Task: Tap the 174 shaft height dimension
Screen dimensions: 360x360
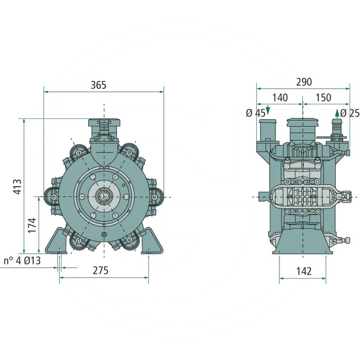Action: pyautogui.click(x=32, y=225)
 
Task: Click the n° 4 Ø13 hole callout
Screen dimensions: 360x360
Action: pyautogui.click(x=22, y=261)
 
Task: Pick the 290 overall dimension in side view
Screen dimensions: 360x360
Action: pyautogui.click(x=304, y=82)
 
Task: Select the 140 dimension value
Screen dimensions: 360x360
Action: pyautogui.click(x=280, y=98)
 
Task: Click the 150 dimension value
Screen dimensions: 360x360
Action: pyautogui.click(x=323, y=98)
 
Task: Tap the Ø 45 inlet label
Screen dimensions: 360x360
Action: pyautogui.click(x=255, y=113)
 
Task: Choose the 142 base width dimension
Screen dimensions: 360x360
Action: pyautogui.click(x=304, y=270)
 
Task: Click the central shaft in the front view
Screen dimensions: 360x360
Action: pyautogui.click(x=104, y=197)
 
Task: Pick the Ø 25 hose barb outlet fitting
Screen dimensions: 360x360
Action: pyautogui.click(x=335, y=126)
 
